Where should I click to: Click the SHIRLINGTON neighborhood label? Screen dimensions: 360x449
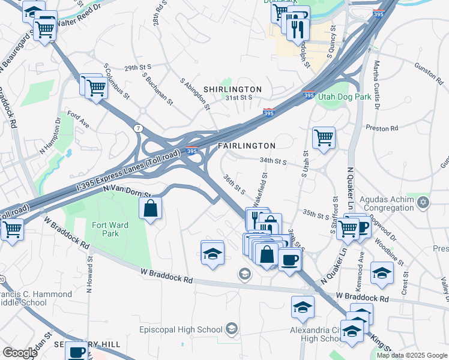(x=232, y=89)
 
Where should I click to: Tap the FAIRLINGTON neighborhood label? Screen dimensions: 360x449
(x=247, y=146)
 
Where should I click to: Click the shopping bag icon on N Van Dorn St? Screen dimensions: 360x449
(x=150, y=209)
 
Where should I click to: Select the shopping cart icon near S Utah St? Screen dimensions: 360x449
(x=324, y=137)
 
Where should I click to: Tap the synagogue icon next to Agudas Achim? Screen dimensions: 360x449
(x=424, y=200)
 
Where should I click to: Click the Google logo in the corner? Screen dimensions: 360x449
(x=20, y=353)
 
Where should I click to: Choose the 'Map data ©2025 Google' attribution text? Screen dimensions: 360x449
(x=412, y=355)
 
